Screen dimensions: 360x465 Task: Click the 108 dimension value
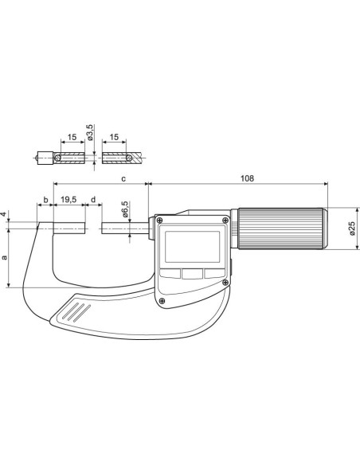coord(247,178)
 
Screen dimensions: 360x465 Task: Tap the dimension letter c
coord(123,179)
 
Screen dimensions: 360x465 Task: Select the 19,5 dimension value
coord(68,200)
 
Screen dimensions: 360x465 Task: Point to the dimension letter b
coord(45,200)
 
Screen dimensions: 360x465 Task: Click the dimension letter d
coord(93,200)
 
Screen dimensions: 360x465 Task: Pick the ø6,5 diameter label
coord(125,209)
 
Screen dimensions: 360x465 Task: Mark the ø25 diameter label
coord(352,229)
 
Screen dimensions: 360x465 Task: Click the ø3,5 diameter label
coord(90,132)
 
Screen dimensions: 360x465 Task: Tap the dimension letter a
coord(5,257)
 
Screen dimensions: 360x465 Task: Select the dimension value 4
coord(3,214)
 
